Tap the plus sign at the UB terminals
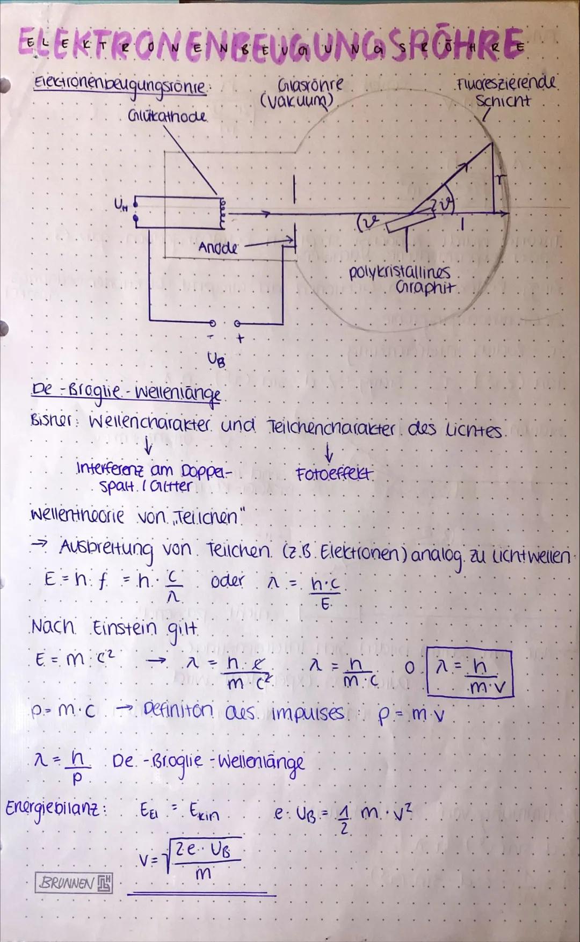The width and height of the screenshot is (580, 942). [x=240, y=339]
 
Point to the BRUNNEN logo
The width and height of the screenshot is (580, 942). [x=74, y=882]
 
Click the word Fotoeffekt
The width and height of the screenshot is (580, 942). [x=334, y=475]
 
